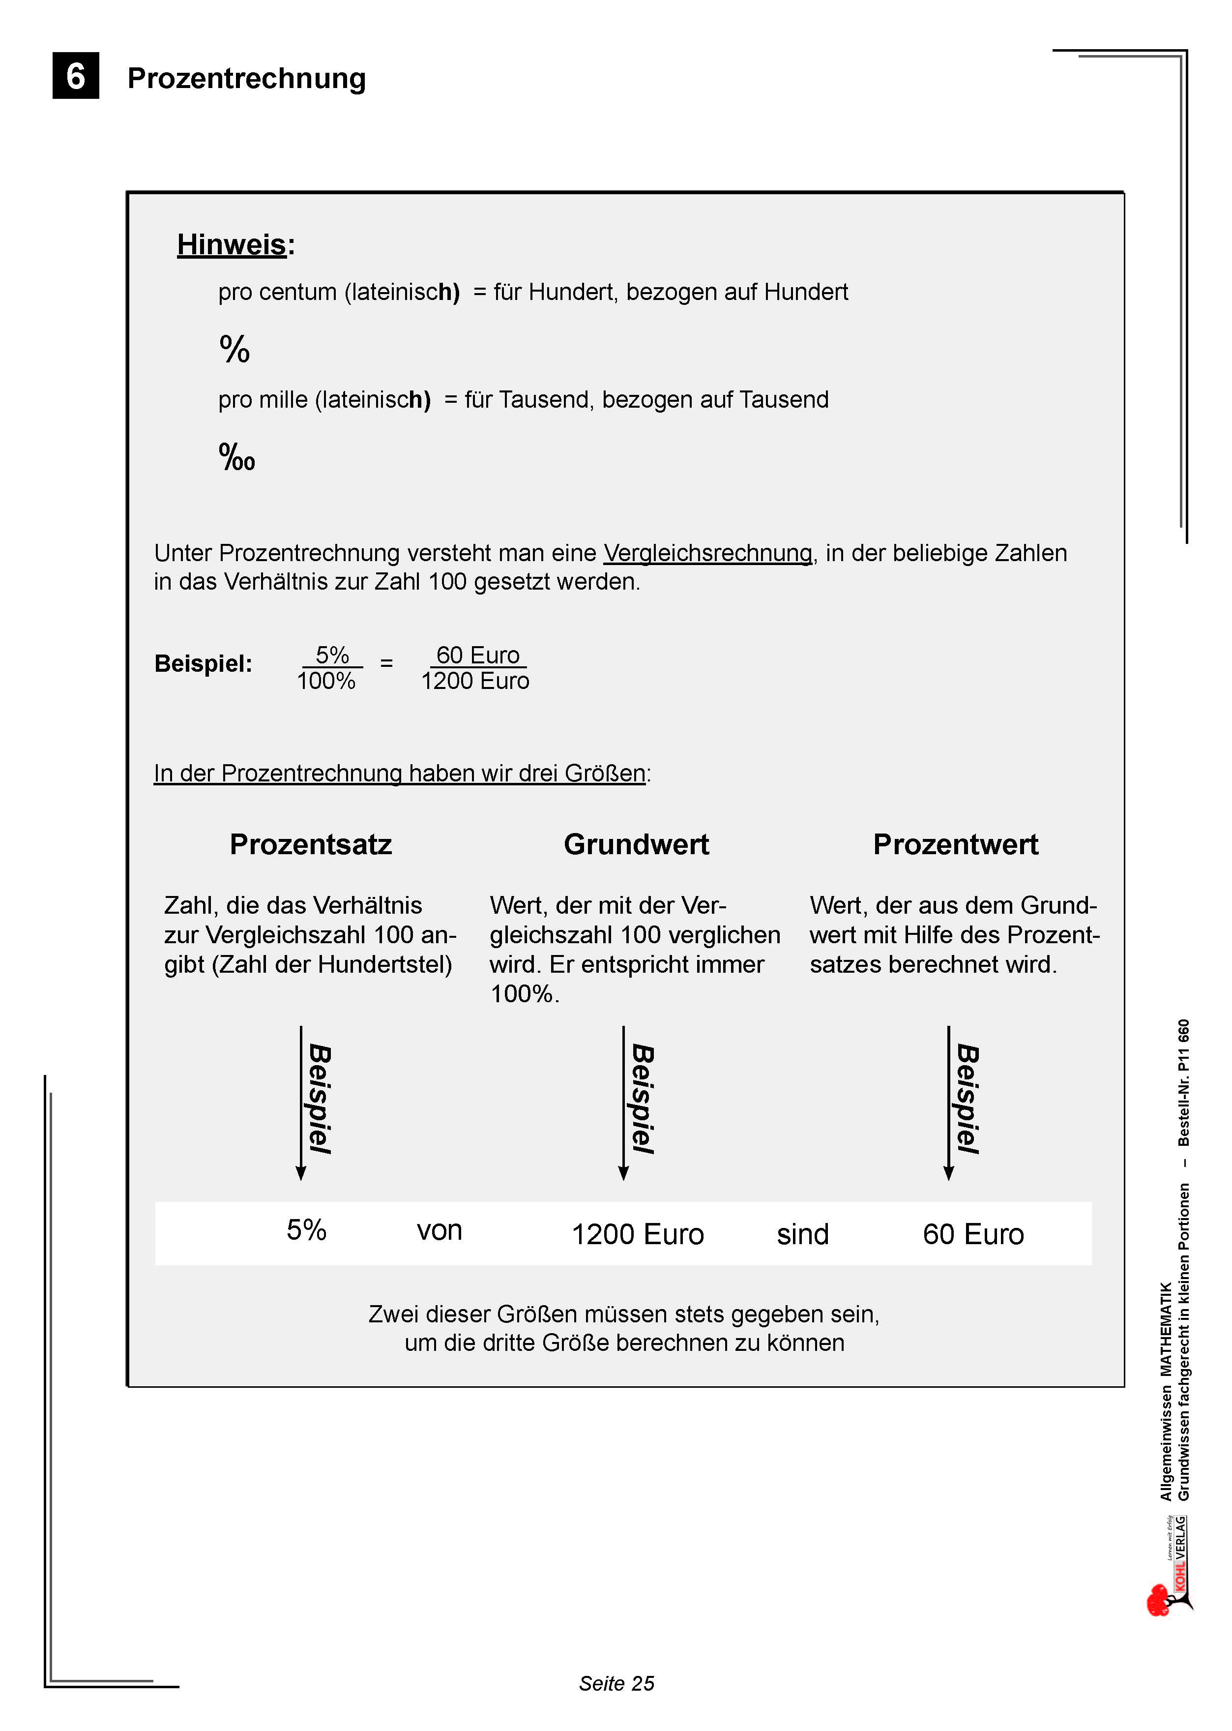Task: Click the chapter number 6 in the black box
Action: coord(75,76)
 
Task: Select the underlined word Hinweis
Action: coord(232,244)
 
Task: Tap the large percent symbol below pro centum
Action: coord(235,349)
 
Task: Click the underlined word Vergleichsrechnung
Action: coord(707,553)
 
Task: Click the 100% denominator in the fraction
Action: coord(326,681)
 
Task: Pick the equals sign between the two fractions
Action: coord(386,663)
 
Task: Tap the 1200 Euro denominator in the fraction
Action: coord(475,681)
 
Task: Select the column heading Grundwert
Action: coord(636,844)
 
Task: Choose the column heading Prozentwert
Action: coord(955,844)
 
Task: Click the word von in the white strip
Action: coord(439,1230)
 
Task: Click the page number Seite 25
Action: coord(616,1683)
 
